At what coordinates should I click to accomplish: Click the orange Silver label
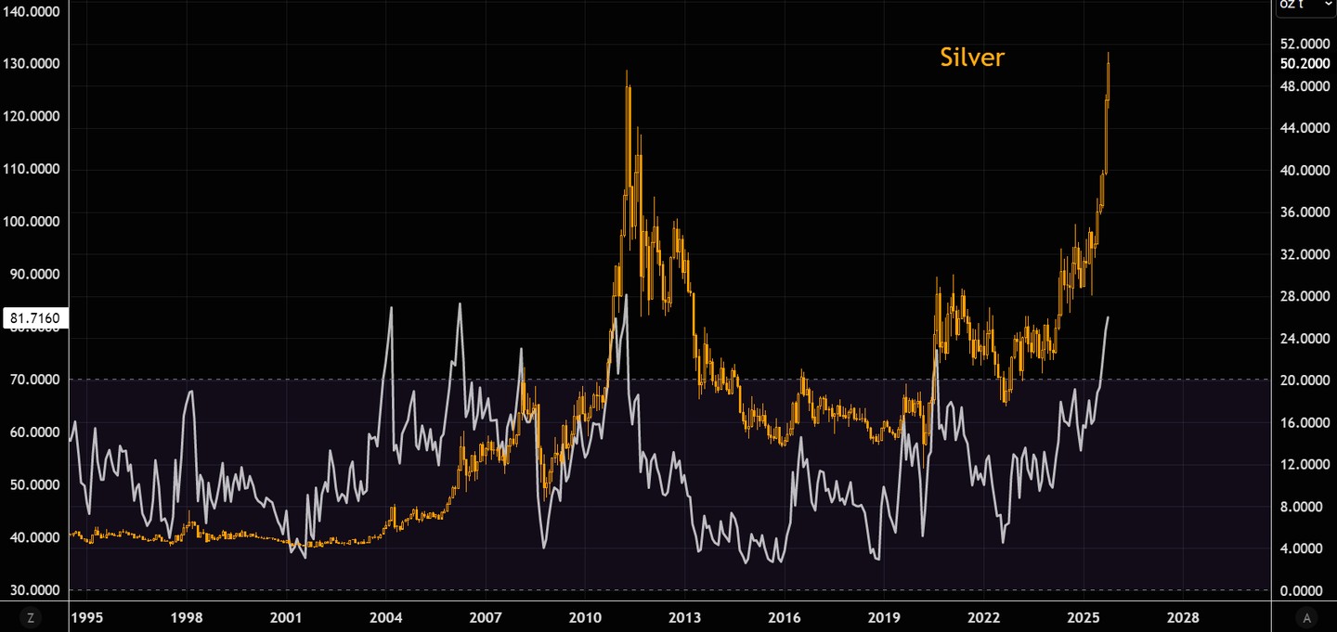[972, 58]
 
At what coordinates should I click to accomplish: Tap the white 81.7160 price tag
[34, 318]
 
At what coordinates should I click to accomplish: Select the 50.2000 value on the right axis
[1305, 64]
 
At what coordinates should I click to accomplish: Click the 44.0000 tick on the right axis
[1305, 128]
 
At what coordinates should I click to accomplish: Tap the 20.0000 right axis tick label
[1305, 380]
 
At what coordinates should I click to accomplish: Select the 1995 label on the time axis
[87, 617]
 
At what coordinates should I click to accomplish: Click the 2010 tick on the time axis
[585, 617]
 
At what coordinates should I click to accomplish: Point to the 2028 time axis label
[1182, 617]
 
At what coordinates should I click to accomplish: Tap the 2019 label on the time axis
[884, 617]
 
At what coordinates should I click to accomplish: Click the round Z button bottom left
[31, 617]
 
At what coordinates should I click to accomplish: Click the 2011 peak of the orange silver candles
[627, 72]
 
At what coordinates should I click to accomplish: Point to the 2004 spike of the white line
[391, 308]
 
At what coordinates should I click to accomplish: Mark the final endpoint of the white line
[1108, 317]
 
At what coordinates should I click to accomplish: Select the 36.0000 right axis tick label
[1305, 213]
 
